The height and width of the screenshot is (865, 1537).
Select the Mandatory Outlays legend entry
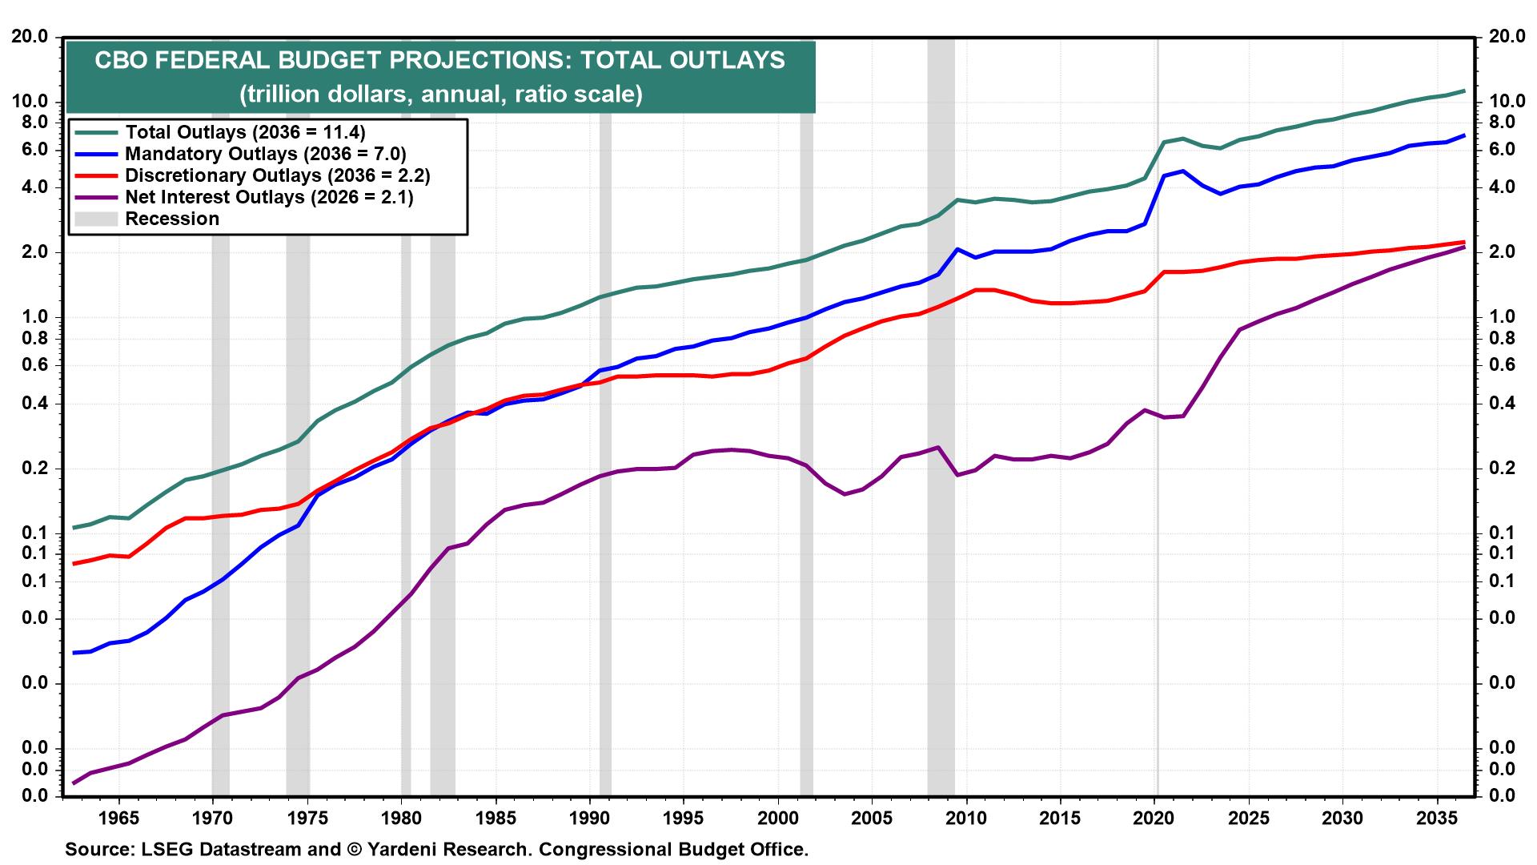click(x=265, y=153)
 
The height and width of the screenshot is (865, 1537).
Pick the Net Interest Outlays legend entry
click(x=269, y=196)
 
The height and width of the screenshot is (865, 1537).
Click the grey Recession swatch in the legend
click(x=95, y=219)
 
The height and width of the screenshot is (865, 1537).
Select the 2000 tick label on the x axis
click(x=778, y=819)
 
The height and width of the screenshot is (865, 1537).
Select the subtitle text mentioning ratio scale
click(x=440, y=95)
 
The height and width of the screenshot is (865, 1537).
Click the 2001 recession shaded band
click(x=806, y=481)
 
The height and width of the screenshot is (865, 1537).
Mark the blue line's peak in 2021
click(x=1183, y=171)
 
